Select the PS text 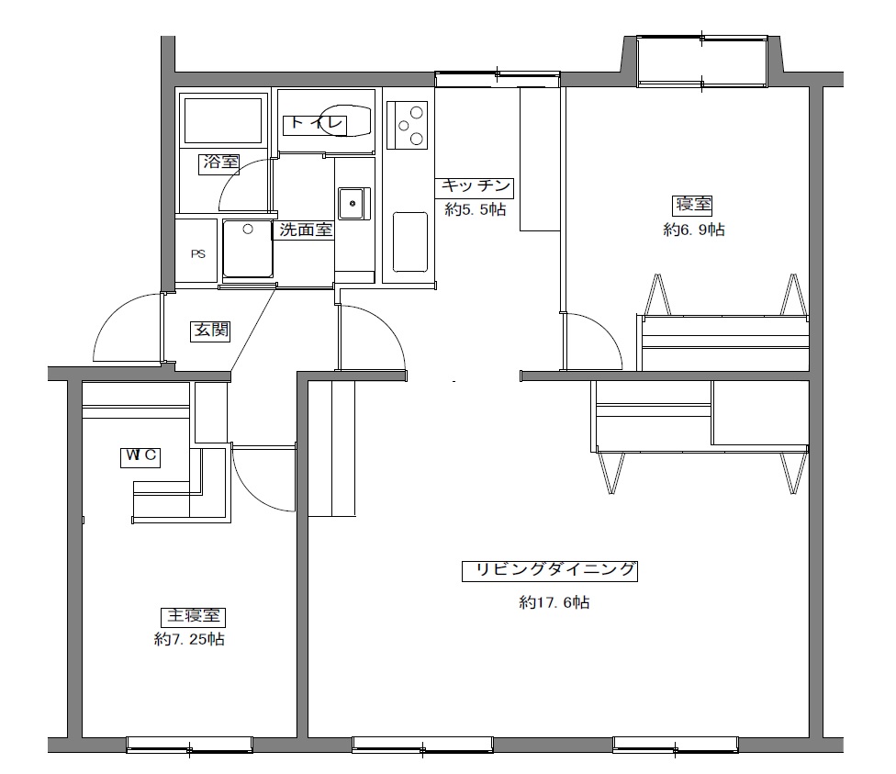pos(198,253)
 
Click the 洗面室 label pos(306,230)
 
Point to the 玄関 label pos(210,331)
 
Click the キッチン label pos(474,187)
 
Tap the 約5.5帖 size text pos(476,209)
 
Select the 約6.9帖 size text pos(694,230)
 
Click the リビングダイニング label pos(550,571)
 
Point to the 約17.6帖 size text pos(554,602)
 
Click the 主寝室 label pos(193,617)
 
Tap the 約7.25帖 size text pos(189,639)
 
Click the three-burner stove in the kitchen pos(407,125)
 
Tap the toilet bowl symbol pos(345,120)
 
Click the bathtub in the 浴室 pos(223,120)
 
